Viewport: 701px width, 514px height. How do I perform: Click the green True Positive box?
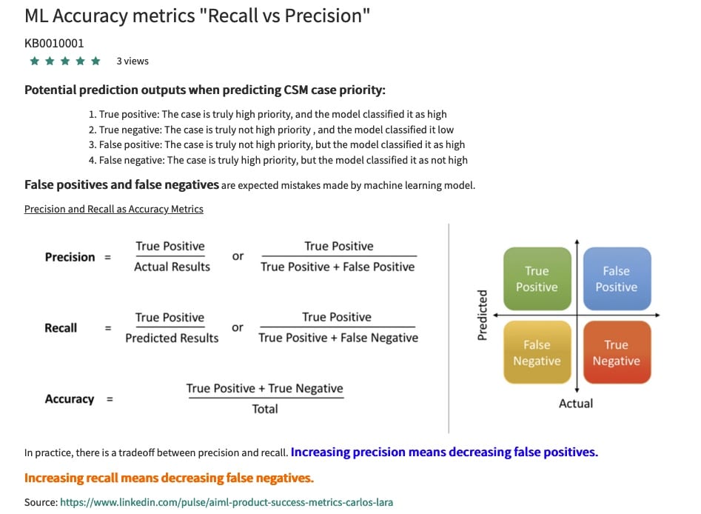click(537, 278)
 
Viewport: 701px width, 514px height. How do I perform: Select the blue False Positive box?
click(616, 278)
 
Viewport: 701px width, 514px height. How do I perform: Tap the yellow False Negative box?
click(537, 353)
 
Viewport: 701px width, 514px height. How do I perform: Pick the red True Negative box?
click(616, 353)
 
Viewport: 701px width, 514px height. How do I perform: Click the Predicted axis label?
click(483, 316)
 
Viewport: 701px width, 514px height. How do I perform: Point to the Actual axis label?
click(576, 404)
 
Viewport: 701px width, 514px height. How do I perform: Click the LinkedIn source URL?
click(226, 502)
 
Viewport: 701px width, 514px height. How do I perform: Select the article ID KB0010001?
click(54, 43)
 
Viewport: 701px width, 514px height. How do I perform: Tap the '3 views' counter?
click(133, 61)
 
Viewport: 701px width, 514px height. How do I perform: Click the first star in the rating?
click(34, 61)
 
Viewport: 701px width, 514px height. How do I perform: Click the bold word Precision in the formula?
click(70, 257)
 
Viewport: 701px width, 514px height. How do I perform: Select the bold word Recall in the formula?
click(61, 328)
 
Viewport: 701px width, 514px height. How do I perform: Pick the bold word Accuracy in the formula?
click(70, 399)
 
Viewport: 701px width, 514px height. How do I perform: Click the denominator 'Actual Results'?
click(172, 267)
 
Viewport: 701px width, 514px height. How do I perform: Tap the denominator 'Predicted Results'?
click(172, 338)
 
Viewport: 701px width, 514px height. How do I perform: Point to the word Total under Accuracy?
click(265, 409)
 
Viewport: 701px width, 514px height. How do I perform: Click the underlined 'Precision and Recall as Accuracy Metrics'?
click(114, 209)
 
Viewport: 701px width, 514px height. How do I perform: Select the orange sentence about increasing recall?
click(169, 478)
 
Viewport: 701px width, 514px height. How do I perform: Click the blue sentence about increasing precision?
click(444, 452)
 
